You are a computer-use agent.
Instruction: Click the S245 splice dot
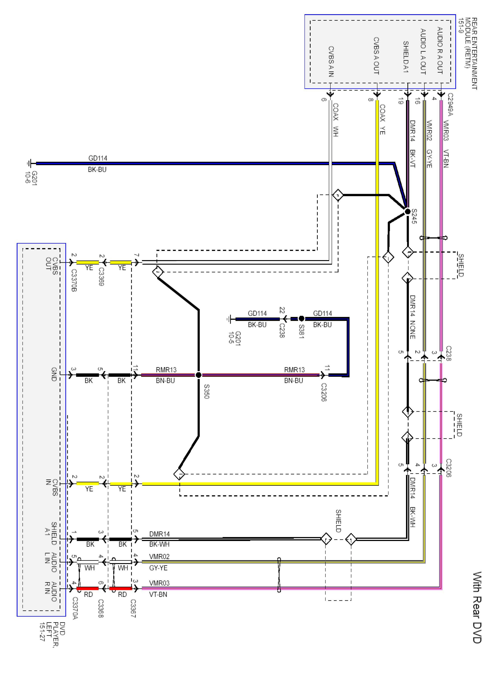click(x=407, y=211)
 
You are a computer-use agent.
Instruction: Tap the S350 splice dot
click(x=198, y=374)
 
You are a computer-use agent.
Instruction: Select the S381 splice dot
click(x=302, y=319)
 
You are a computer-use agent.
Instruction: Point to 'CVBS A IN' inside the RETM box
click(x=331, y=62)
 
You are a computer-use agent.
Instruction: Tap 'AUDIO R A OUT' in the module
click(x=440, y=51)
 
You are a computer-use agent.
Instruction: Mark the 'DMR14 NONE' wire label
click(x=412, y=317)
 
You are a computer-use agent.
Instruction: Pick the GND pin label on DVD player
click(x=54, y=374)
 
